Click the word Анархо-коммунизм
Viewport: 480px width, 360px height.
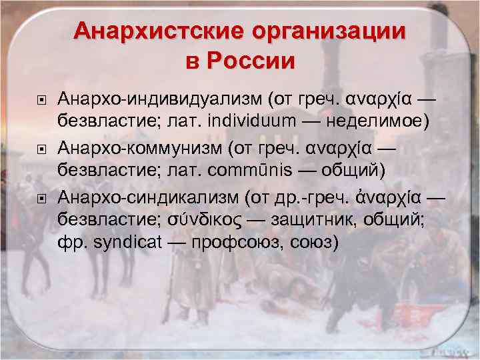(x=145, y=147)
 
